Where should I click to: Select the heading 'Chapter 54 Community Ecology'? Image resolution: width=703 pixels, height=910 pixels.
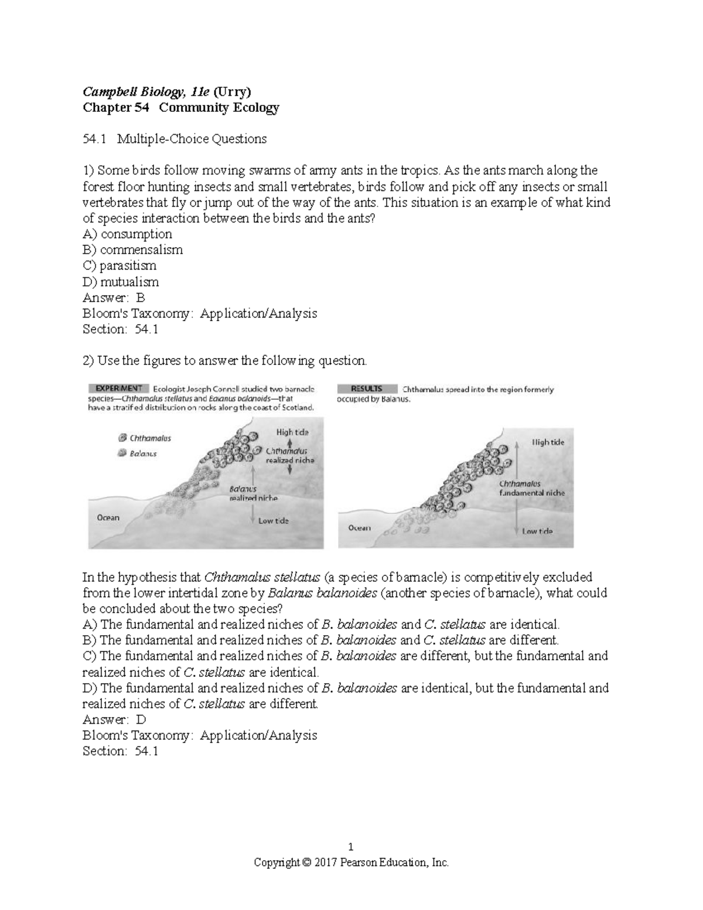180,107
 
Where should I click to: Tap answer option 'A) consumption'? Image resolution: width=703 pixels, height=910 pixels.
127,234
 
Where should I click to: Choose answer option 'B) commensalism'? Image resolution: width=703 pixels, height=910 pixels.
132,250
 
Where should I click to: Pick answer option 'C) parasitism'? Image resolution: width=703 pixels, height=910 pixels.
120,265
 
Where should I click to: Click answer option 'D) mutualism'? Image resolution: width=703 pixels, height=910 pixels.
121,282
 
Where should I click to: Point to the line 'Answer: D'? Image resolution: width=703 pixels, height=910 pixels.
114,720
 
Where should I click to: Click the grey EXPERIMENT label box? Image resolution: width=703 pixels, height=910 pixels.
116,388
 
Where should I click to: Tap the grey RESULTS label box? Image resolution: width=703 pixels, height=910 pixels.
367,388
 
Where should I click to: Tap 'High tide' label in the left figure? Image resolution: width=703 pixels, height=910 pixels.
292,432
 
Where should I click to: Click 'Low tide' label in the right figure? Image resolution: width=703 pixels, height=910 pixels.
537,531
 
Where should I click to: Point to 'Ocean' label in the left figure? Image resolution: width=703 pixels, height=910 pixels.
108,517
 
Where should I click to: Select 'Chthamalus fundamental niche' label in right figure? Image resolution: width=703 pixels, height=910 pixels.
531,488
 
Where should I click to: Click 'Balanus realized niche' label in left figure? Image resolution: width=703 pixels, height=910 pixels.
252,493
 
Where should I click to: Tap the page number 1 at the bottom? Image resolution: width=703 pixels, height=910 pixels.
350,846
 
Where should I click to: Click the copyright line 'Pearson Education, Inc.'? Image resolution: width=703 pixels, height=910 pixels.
350,862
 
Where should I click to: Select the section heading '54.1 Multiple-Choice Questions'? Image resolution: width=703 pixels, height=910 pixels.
175,139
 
